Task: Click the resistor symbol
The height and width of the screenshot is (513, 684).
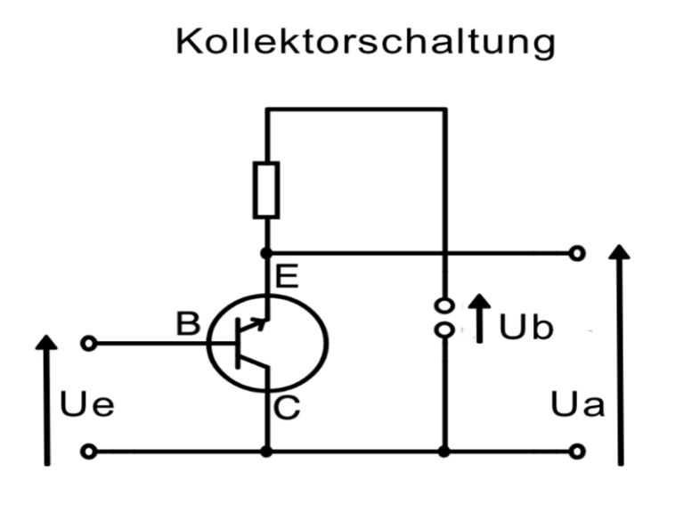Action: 266,190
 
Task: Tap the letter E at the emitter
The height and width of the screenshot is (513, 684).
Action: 288,280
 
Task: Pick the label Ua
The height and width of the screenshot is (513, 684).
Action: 578,405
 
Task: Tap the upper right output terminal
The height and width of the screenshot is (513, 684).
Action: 578,253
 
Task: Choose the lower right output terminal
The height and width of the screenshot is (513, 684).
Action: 578,452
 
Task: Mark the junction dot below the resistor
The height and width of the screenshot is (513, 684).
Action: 266,253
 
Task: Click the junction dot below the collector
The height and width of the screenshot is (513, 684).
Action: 266,452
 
